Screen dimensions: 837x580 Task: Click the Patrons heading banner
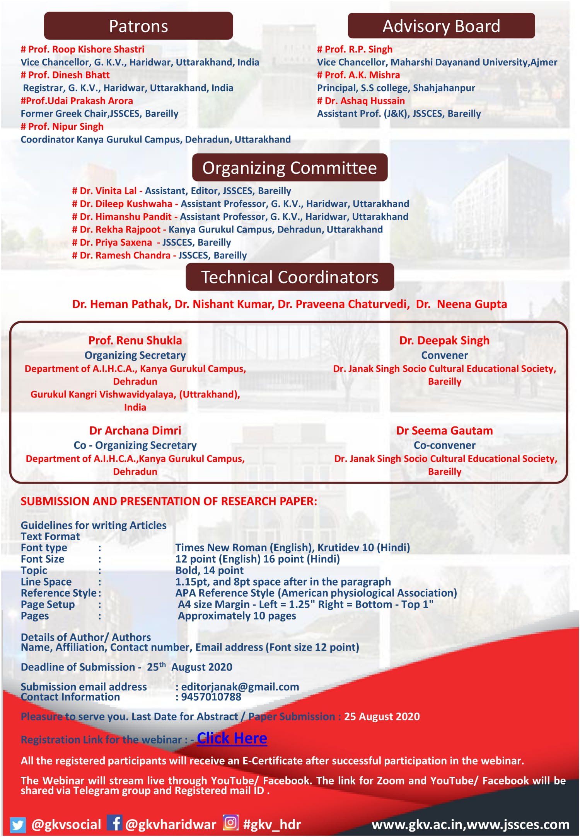pyautogui.click(x=138, y=26)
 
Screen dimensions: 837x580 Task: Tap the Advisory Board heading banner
pyautogui.click(x=441, y=26)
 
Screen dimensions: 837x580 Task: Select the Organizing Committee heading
pyautogui.click(x=290, y=168)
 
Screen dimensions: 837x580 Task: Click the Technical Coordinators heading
pyautogui.click(x=290, y=277)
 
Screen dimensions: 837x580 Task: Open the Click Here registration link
pyautogui.click(x=232, y=738)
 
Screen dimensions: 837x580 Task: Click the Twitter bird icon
pyautogui.click(x=17, y=825)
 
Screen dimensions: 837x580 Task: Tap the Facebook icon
pyautogui.click(x=114, y=823)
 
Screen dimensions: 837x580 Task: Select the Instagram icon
pyautogui.click(x=230, y=823)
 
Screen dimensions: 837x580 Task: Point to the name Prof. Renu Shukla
pyautogui.click(x=135, y=340)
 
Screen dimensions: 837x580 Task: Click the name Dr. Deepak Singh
pyautogui.click(x=444, y=340)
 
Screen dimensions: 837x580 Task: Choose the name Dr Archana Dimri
pyautogui.click(x=135, y=430)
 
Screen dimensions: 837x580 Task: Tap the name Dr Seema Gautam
pyautogui.click(x=444, y=430)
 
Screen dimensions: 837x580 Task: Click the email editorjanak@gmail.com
pyautogui.click(x=240, y=686)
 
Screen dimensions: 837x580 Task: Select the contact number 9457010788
pyautogui.click(x=211, y=696)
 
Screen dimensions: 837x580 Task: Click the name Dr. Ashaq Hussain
pyautogui.click(x=365, y=101)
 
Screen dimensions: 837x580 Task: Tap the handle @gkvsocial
pyautogui.click(x=66, y=825)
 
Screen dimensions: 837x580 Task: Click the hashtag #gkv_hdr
pyautogui.click(x=272, y=825)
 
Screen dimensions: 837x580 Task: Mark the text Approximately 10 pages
pyautogui.click(x=237, y=616)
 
